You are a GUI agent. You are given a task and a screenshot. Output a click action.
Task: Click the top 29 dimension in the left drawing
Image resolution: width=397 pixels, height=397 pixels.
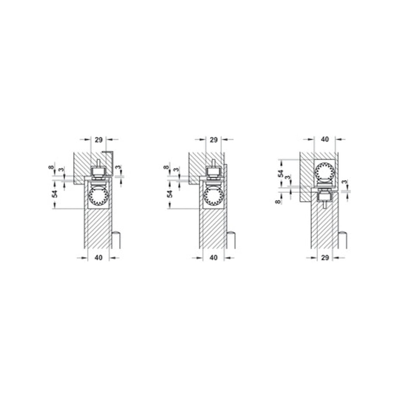pyautogui.click(x=99, y=140)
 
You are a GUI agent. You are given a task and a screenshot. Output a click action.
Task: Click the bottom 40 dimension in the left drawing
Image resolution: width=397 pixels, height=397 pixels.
pyautogui.click(x=99, y=258)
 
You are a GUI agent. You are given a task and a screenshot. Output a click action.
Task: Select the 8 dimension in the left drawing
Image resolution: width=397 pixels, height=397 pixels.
pyautogui.click(x=51, y=167)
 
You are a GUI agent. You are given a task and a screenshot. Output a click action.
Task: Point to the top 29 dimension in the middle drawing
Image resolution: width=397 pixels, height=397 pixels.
pyautogui.click(x=214, y=140)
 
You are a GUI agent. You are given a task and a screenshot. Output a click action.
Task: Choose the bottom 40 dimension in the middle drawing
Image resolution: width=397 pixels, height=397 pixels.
pyautogui.click(x=213, y=258)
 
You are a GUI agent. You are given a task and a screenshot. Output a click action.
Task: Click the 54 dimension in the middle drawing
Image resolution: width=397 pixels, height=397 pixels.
pyautogui.click(x=170, y=194)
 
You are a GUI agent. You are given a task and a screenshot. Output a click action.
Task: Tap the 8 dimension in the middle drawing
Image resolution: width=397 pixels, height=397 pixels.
pyautogui.click(x=166, y=167)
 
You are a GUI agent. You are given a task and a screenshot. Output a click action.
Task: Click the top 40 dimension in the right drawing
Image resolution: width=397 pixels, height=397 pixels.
pyautogui.click(x=325, y=139)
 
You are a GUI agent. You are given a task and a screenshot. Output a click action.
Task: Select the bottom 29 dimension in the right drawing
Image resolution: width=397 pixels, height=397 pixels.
pyautogui.click(x=325, y=258)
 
